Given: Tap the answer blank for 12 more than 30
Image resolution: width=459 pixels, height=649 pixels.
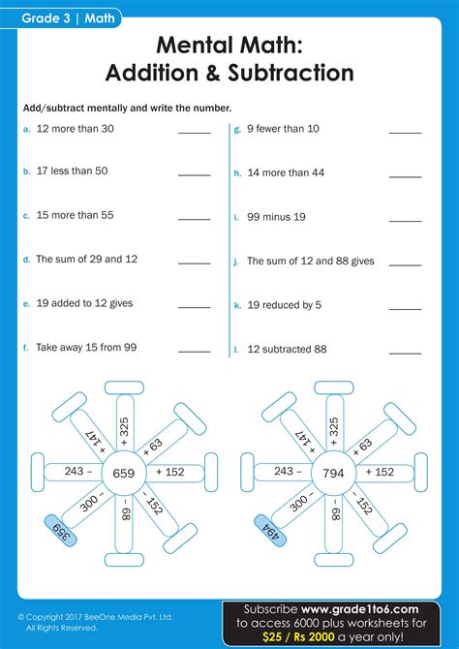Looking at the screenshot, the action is pyautogui.click(x=194, y=131).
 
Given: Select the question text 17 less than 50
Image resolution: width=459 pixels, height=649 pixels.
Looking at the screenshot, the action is pyautogui.click(x=72, y=171).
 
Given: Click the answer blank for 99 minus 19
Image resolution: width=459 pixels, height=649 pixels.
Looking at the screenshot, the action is pyautogui.click(x=405, y=219).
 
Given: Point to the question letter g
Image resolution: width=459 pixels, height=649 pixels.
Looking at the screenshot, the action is pyautogui.click(x=237, y=129).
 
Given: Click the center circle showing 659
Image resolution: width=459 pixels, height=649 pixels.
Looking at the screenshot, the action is pyautogui.click(x=123, y=473).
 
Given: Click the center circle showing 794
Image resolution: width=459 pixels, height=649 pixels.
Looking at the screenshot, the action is pyautogui.click(x=332, y=473).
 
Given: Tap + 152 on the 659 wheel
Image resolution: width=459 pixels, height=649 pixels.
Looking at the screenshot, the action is pyautogui.click(x=168, y=473).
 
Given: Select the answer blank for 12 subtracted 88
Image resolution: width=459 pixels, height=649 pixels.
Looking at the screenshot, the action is pyautogui.click(x=405, y=350).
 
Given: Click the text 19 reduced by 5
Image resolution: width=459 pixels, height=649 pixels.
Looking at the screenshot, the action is pyautogui.click(x=285, y=304).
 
